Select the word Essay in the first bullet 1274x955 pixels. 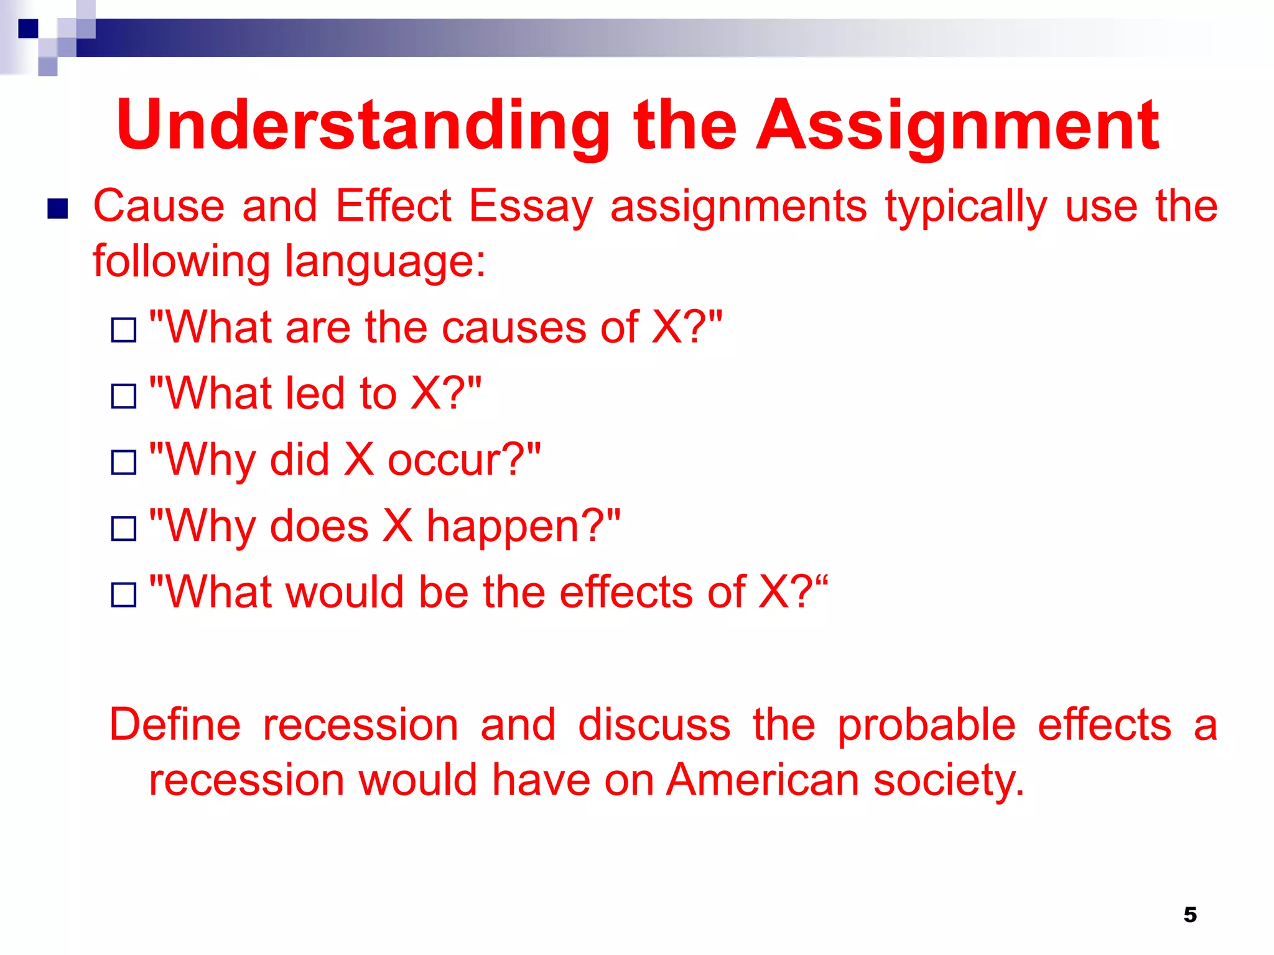pyautogui.click(x=531, y=207)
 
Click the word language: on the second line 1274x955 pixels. pyautogui.click(x=385, y=261)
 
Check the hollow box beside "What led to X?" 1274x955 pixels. pyautogui.click(x=124, y=396)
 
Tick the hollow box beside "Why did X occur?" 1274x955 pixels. pyautogui.click(x=124, y=463)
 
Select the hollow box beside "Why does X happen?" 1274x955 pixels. pyautogui.click(x=124, y=529)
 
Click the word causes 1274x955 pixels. pyautogui.click(x=513, y=328)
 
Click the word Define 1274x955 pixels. pyautogui.click(x=175, y=725)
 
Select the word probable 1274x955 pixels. pyautogui.click(x=926, y=725)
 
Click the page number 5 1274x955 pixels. pyautogui.click(x=1189, y=915)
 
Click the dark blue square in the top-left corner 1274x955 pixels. pyautogui.click(x=28, y=29)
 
